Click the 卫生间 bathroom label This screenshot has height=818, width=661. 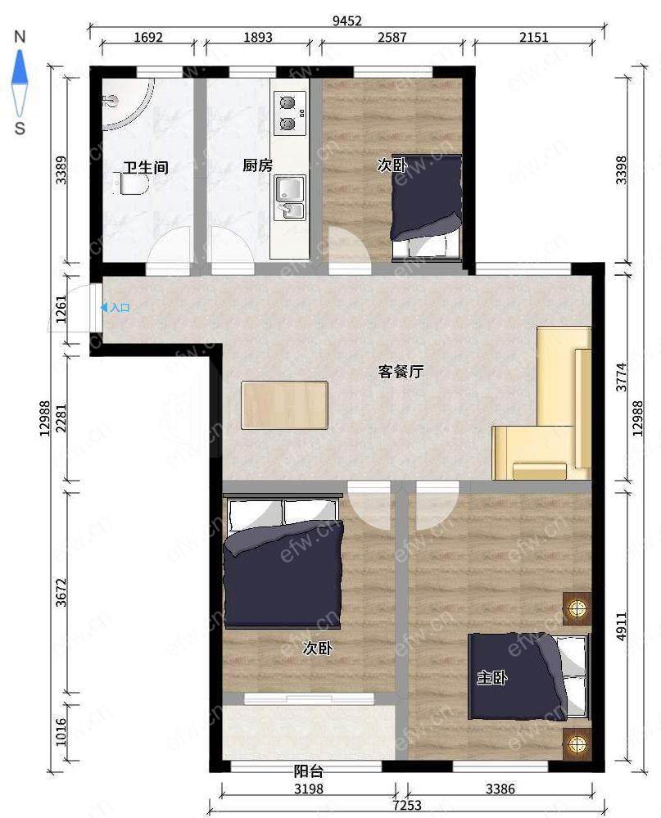pyautogui.click(x=146, y=168)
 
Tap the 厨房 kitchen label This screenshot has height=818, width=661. pyautogui.click(x=258, y=165)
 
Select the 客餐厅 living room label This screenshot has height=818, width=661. pyautogui.click(x=401, y=372)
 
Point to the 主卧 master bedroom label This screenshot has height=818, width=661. pyautogui.click(x=492, y=678)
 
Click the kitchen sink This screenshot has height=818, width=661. pyautogui.click(x=290, y=197)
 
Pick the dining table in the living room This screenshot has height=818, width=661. pyautogui.click(x=285, y=405)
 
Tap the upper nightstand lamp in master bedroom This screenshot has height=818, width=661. pyautogui.click(x=577, y=608)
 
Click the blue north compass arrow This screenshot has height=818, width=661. pyautogui.click(x=20, y=67)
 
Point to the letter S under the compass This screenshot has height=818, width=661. pyautogui.click(x=20, y=128)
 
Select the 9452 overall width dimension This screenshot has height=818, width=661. pyautogui.click(x=347, y=20)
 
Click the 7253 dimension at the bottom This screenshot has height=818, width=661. pyautogui.click(x=407, y=805)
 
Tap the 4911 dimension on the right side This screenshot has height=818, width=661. pyautogui.click(x=621, y=626)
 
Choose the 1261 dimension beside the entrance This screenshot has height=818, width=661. pyautogui.click(x=61, y=310)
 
